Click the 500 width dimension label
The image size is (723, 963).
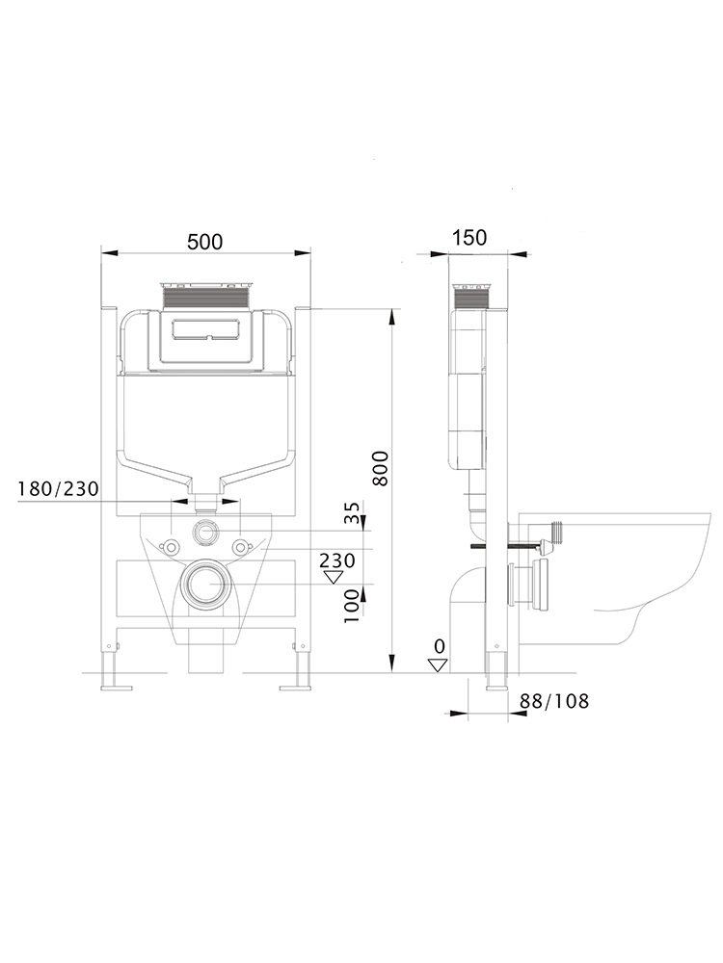[204, 242]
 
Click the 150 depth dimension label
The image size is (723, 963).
[469, 238]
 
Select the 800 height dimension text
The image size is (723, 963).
[380, 467]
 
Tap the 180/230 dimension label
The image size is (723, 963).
[58, 489]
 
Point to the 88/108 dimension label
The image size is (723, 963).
[553, 700]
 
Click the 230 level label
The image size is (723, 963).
[338, 560]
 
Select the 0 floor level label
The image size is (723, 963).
[439, 645]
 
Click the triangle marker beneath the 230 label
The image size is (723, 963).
[335, 578]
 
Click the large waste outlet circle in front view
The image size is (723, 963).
[204, 584]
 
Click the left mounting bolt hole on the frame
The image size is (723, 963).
[171, 548]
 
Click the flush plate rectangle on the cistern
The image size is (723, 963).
[204, 330]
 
